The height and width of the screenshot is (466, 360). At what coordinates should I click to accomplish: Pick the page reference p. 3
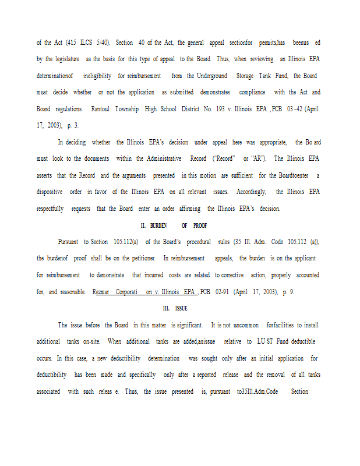pyautogui.click(x=73, y=125)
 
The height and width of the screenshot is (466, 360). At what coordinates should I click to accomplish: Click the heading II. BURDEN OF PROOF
pyautogui.click(x=174, y=225)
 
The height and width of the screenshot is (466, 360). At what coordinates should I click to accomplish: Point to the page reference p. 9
pyautogui.click(x=288, y=291)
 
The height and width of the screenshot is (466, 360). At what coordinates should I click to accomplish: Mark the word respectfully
pyautogui.click(x=50, y=209)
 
